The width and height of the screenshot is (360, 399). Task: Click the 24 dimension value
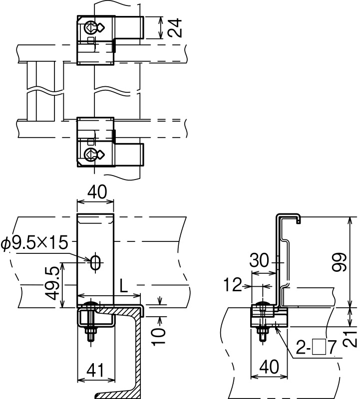pos(176,28)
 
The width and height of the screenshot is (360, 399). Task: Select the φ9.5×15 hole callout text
pos(34,243)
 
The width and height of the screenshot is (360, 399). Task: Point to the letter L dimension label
pos(123,286)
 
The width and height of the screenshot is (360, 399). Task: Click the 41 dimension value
pos(95,370)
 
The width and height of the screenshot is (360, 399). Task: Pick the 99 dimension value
pos(340,262)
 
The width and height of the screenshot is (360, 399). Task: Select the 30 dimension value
pos(259,260)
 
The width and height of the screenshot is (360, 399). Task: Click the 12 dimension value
pos(233,284)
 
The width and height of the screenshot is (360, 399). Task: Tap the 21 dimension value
pos(352,339)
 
